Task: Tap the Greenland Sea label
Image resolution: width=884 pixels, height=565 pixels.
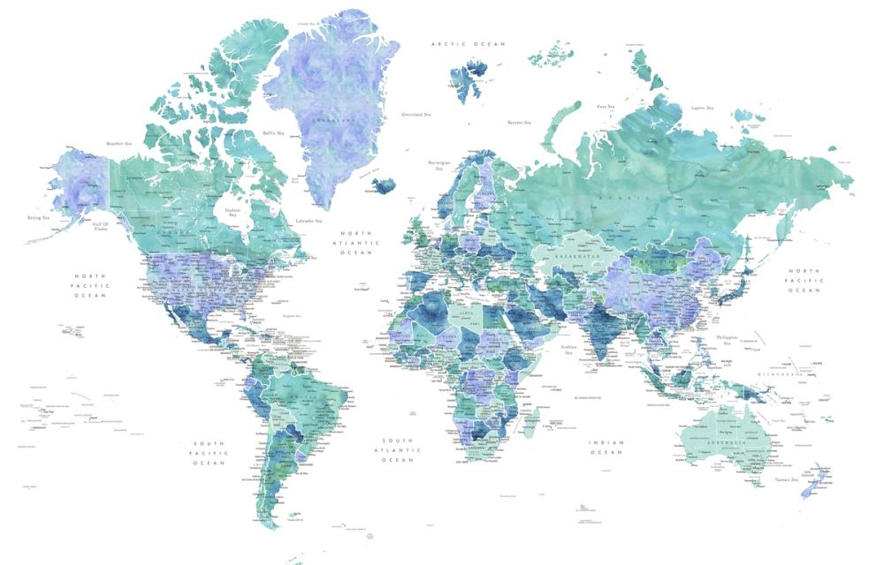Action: pos(415,113)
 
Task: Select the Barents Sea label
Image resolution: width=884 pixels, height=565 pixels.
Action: pos(519,123)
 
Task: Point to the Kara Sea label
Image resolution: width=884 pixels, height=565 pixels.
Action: pos(605,106)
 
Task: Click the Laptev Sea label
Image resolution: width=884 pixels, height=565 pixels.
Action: pos(702,108)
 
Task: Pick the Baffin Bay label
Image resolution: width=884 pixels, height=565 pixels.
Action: pos(274,133)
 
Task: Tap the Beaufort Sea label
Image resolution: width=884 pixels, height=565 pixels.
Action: pos(118,143)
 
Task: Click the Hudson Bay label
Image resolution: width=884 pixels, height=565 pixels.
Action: pos(233,213)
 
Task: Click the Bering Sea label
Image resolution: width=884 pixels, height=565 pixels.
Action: pos(39,216)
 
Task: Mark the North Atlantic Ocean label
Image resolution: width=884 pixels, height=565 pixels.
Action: pos(360,243)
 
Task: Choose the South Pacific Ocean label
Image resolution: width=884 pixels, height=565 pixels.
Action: pos(210,453)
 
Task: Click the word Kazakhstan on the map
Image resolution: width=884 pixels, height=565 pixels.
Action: pos(578,255)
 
